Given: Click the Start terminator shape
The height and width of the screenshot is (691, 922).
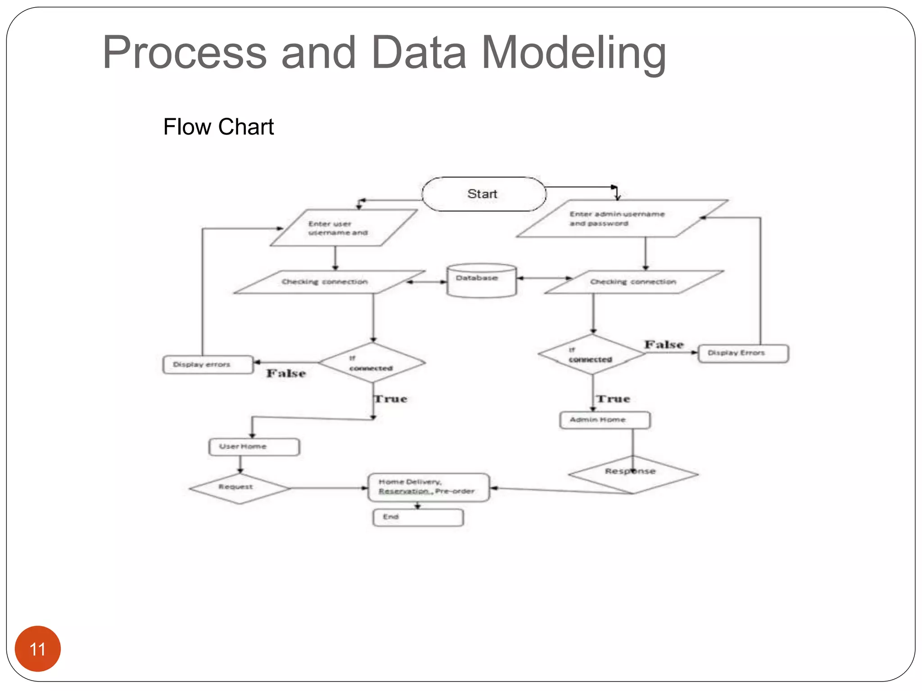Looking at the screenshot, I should point(484,194).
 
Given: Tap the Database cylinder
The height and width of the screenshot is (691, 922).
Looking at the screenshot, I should point(481,281).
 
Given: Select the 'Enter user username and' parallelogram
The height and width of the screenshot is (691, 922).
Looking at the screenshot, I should point(343,228).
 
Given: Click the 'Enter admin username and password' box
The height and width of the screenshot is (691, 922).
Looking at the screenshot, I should point(621,219).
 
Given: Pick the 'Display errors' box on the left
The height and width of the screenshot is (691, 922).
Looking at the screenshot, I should point(208,364).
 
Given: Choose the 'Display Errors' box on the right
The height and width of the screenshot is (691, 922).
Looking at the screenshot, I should point(743,353).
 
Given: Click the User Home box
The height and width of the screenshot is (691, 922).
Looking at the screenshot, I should point(254,447).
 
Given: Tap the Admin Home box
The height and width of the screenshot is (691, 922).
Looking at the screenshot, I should point(605,420).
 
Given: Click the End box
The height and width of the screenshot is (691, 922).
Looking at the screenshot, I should point(418,517).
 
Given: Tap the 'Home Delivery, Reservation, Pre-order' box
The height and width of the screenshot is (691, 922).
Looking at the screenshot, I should point(428,487).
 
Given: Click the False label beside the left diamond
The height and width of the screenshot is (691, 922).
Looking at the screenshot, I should point(286,373).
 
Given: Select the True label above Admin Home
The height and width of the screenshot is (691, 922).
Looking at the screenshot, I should point(613,399).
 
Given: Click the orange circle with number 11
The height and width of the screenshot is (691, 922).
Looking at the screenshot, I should point(38,648).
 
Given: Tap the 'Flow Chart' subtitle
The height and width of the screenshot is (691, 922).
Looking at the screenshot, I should point(218,127).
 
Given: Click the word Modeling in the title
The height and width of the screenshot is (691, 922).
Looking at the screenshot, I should point(574,53).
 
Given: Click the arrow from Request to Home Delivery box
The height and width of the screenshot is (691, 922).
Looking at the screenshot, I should point(329,488).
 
